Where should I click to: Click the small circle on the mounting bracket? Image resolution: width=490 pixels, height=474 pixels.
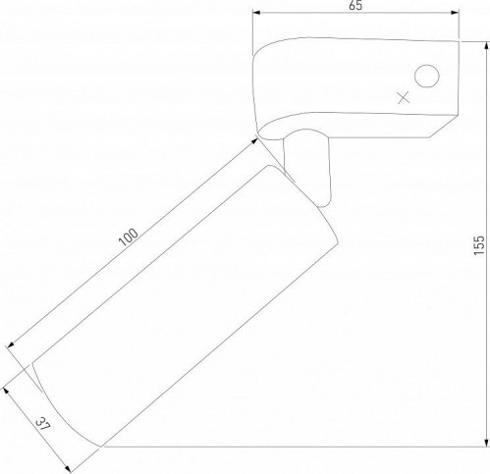(x=425, y=76)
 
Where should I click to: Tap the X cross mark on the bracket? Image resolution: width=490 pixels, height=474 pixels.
(x=401, y=96)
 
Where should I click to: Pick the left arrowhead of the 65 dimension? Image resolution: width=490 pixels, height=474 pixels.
(x=257, y=15)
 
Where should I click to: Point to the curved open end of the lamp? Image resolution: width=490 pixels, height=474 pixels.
(x=59, y=402)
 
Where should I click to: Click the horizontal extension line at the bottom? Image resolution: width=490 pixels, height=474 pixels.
(x=295, y=447)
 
